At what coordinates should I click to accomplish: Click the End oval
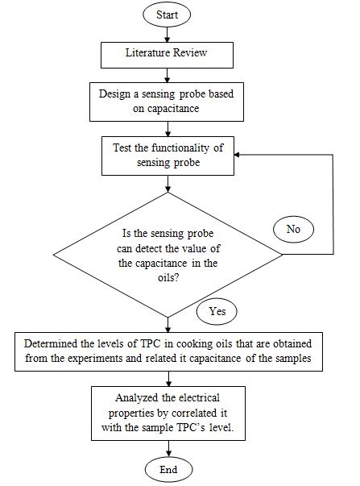click(167, 468)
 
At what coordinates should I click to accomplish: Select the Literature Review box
click(167, 55)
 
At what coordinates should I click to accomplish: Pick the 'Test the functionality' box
click(167, 155)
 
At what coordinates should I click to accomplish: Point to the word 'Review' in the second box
click(192, 55)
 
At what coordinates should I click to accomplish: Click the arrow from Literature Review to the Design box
click(167, 75)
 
